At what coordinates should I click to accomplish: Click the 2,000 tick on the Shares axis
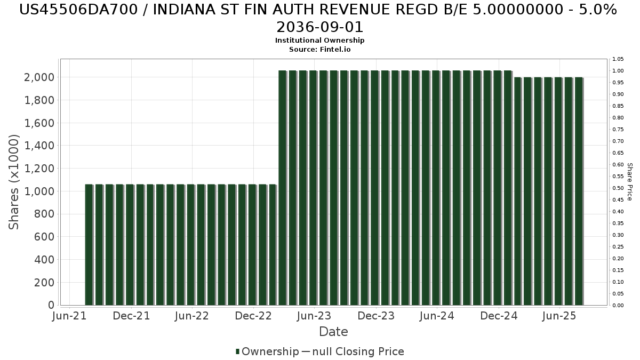(39, 77)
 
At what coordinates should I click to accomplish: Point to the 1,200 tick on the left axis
(39, 169)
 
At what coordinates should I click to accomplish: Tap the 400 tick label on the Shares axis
(44, 260)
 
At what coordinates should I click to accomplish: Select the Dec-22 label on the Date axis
(253, 316)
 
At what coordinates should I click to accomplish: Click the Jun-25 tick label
(559, 316)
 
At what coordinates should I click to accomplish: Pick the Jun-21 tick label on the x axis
(69, 316)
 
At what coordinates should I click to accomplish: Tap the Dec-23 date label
(375, 316)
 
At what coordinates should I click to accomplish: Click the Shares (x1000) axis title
(13, 182)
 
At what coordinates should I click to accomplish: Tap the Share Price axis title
(629, 182)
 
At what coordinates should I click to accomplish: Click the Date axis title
(333, 332)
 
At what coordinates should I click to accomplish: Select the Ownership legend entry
(267, 351)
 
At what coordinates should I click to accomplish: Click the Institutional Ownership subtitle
(319, 41)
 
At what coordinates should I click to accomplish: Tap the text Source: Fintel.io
(319, 50)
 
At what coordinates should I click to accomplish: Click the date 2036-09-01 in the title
(319, 27)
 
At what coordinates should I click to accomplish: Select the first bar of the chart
(89, 245)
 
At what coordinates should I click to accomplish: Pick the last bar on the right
(579, 191)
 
